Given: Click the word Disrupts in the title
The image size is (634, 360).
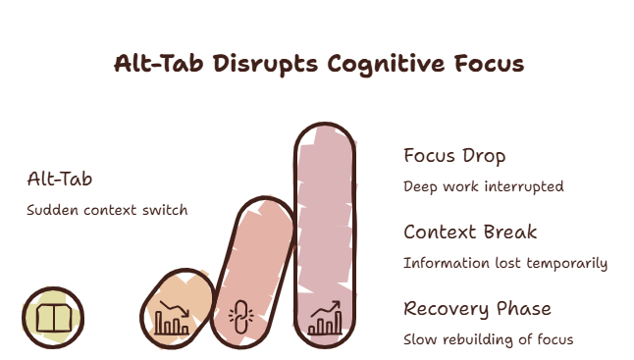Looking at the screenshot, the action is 265,64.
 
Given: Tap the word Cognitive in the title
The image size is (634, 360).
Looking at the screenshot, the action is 386,64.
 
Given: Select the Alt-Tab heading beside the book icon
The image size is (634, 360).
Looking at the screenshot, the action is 60,179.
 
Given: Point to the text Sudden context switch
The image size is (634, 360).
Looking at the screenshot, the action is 107,210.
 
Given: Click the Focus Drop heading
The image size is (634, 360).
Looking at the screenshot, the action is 454,156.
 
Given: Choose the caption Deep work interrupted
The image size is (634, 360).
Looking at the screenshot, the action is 484,186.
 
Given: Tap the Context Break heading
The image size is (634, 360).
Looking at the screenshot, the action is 470,231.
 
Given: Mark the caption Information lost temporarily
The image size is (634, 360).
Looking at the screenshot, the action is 505,263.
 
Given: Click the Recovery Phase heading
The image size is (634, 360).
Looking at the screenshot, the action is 478,309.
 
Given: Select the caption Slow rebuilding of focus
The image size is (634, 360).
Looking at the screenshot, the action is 489,339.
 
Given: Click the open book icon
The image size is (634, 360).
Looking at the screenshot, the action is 54,318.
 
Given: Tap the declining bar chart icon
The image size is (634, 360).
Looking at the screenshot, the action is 173,318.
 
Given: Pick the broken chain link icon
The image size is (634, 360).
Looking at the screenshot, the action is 241,317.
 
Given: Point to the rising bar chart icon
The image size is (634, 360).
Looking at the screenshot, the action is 325,318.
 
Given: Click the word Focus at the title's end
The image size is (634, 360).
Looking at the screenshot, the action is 490,64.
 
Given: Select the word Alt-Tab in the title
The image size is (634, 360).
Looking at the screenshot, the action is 159,64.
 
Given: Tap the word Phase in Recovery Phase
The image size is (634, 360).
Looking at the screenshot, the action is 524,309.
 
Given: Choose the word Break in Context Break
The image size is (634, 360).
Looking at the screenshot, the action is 510,231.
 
